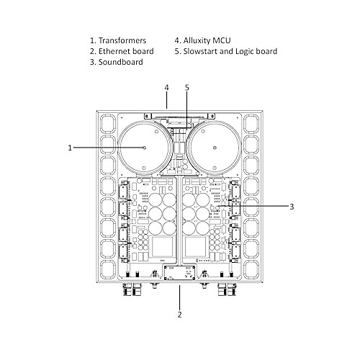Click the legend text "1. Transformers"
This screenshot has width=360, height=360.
tap(118, 40)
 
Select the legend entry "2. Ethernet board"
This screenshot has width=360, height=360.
tap(122, 51)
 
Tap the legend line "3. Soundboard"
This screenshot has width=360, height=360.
tap(117, 62)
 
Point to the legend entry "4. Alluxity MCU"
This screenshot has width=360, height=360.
tap(202, 40)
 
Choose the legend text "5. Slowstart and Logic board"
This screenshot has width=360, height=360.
tap(226, 51)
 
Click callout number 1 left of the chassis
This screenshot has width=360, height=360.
tap(70, 148)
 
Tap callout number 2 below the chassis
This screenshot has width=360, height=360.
tap(180, 315)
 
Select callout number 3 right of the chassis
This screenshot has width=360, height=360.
tap(292, 207)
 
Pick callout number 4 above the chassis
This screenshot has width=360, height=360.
tap(166, 88)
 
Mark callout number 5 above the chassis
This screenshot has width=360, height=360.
tap(187, 88)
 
